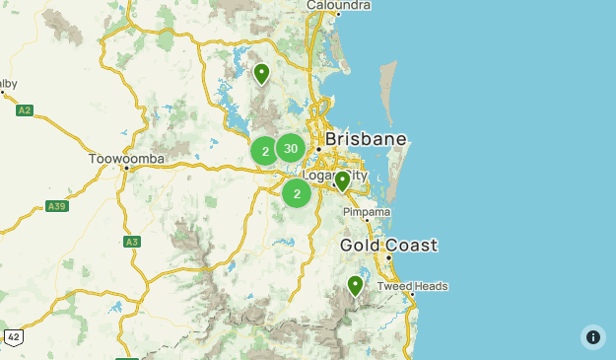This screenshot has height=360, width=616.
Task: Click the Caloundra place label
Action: click(338, 5)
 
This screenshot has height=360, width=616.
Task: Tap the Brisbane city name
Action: click(365, 139)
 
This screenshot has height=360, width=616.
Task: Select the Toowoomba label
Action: click(126, 158)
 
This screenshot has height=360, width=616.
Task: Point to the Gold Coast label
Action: click(388, 245)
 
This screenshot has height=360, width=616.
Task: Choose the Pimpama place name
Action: click(367, 212)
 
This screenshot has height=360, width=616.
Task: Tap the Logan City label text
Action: click(334, 176)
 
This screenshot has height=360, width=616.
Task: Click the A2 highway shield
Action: click(25, 110)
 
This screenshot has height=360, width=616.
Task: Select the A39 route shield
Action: click(56, 206)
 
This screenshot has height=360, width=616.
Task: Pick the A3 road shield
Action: click(132, 242)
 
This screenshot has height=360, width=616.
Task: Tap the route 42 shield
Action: click(13, 337)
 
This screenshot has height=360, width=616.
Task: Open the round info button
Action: click(592, 337)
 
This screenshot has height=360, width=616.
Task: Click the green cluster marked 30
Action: click(290, 148)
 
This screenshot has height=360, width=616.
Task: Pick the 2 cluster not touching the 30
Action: click(297, 193)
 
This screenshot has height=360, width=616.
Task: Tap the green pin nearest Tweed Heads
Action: click(355, 286)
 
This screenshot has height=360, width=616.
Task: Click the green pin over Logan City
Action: click(342, 181)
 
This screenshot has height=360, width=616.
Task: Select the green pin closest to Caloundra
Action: click(261, 74)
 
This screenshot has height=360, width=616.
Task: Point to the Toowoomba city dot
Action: click(127, 168)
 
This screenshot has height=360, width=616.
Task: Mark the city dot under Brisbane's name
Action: click(333, 150)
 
